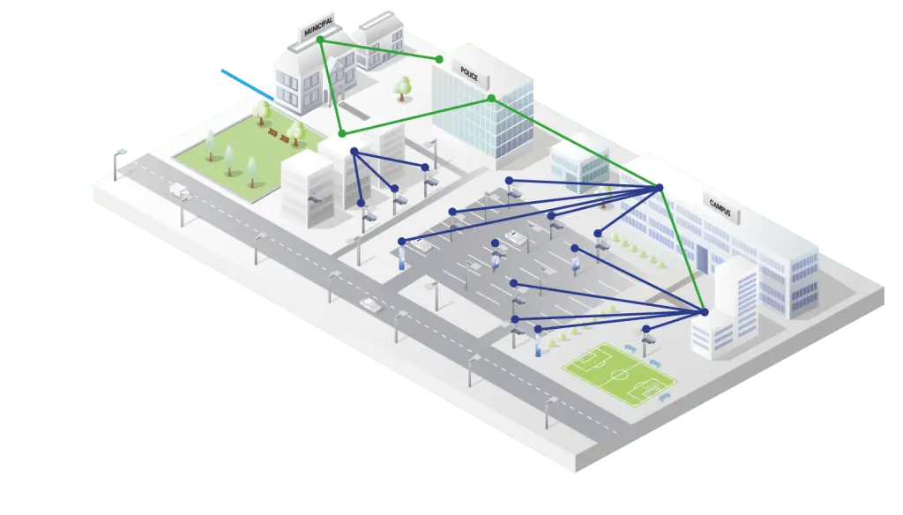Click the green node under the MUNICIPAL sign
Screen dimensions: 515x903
pos(320,40)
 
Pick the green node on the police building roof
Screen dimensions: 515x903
pos(491,98)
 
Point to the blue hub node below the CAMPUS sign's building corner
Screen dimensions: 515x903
pos(659,187)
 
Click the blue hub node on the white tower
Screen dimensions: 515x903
pos(704,312)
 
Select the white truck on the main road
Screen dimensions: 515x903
pos(179,189)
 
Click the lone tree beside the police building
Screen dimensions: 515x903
pos(403,86)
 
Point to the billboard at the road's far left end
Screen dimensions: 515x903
pos(121,159)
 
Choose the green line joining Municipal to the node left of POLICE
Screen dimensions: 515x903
pos(379,49)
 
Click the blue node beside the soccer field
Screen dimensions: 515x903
pos(646,329)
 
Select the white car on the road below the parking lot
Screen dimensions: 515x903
pos(370,304)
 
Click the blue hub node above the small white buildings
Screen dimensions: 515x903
pos(354,152)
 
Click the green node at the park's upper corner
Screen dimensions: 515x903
pos(342,133)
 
